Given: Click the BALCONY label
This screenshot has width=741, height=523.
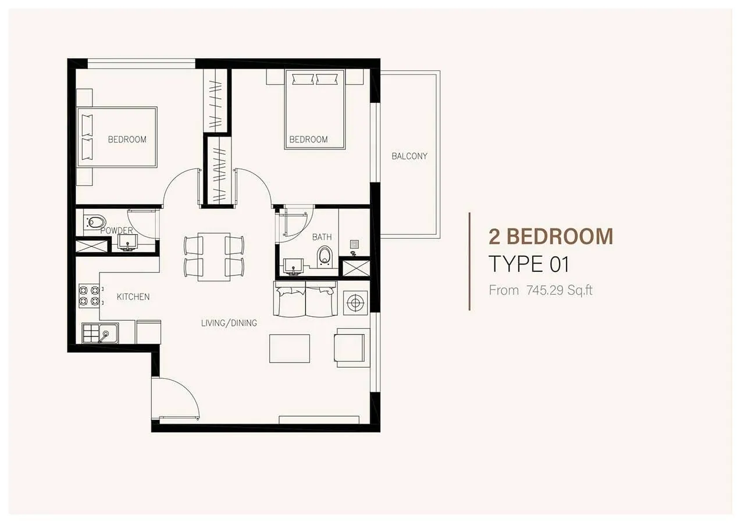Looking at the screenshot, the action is coord(409,156).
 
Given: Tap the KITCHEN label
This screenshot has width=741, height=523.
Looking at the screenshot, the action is coord(133,297).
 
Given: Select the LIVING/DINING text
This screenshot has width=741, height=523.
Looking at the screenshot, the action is coord(229,323).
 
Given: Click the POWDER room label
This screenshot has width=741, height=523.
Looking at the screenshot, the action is coord(116,231).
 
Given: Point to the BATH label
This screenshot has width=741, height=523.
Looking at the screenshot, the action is coord(322,237).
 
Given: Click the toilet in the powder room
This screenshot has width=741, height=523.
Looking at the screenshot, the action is coord(94,221).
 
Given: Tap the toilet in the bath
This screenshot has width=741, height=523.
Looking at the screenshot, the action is coord(325,256).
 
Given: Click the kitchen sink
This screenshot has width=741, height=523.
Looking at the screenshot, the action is coord(100,333).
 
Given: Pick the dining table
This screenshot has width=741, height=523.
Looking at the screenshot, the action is coord(214,257).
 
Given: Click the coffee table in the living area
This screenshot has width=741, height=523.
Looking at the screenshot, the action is coord(290,349).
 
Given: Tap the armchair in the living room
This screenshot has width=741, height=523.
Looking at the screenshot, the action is coord(352,348).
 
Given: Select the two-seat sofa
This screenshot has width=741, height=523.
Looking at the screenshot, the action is coord(305,299).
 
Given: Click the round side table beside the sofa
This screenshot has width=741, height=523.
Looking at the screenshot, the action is coord(355,303).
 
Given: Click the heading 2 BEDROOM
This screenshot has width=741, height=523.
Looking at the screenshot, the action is coord(551,237).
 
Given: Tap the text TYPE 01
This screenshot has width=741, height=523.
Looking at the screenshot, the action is coord(529,264).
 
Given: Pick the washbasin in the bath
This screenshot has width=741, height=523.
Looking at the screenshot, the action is coord(293,267).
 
